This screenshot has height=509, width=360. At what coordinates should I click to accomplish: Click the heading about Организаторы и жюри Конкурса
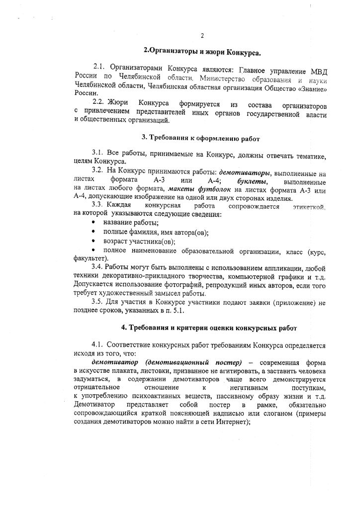click(x=202, y=51)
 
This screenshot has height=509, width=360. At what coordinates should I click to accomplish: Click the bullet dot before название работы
click(x=93, y=223)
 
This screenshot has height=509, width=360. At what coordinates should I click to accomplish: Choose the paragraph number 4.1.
click(x=97, y=345)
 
